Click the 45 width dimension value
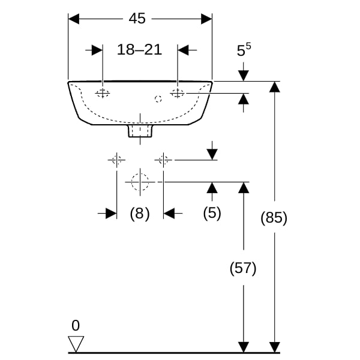pyautogui.click(x=137, y=19)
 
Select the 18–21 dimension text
pyautogui.click(x=139, y=50)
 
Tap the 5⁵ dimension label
pyautogui.click(x=242, y=51)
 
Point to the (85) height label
pyautogui.click(x=274, y=218)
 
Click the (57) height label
pyautogui.click(x=243, y=268)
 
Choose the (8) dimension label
pyautogui.click(x=139, y=213)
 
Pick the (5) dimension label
pyautogui.click(x=211, y=213)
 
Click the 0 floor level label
pyautogui.click(x=75, y=326)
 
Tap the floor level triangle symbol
pyautogui.click(x=76, y=344)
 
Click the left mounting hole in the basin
pyautogui.click(x=103, y=92)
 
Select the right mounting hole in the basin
pyautogui.click(x=178, y=92)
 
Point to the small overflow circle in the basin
pyautogui.click(x=159, y=98)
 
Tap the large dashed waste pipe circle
pyautogui.click(x=140, y=181)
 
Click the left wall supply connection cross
pyautogui.click(x=116, y=160)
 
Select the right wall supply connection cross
pyautogui.click(x=163, y=160)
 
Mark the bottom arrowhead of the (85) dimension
pyautogui.click(x=274, y=347)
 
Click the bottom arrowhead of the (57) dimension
pyautogui.click(x=243, y=347)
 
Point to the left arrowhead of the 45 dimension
pyautogui.click(x=74, y=19)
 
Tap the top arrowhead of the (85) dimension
pyautogui.click(x=274, y=86)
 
